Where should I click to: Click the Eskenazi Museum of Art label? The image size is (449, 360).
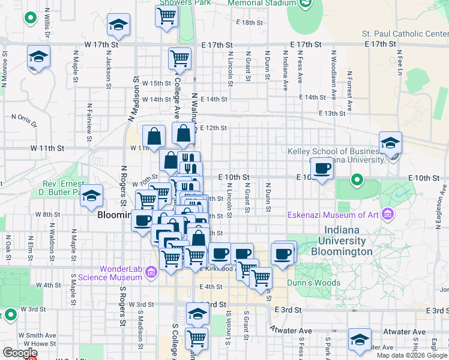point(333,215)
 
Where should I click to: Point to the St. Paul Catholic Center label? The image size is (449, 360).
point(405,34)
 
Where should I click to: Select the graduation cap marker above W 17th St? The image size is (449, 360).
point(119,25)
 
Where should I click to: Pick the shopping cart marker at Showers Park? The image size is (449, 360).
point(166,16)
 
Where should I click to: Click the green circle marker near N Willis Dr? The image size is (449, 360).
point(30,18)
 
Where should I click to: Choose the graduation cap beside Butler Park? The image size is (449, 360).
point(91,195)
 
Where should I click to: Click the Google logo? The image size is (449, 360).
point(19,353)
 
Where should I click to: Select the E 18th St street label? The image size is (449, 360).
point(250,23)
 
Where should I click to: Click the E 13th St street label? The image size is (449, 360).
point(333,113)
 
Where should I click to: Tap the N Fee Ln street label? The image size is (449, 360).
point(399,66)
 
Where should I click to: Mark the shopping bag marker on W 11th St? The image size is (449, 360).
point(154,136)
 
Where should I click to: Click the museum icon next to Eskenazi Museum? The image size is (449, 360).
point(388,214)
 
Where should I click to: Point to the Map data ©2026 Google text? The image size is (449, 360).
point(411,355)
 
